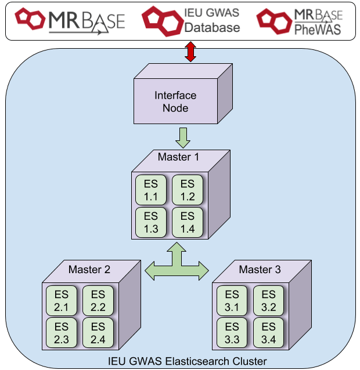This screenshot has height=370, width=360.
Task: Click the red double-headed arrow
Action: (189, 52)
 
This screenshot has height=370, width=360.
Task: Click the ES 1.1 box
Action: (150, 190)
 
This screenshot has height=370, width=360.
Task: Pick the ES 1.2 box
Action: (187, 190)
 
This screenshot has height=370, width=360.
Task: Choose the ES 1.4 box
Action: (187, 222)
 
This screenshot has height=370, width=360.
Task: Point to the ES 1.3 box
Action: (150, 222)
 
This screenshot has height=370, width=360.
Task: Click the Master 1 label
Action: (178, 157)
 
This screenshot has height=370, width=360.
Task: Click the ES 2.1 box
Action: (61, 300)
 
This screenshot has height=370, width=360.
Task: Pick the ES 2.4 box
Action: (98, 332)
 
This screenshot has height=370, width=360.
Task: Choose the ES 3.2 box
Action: (268, 300)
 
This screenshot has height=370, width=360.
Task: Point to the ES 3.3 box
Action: (232, 332)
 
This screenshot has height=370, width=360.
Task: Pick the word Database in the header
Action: (211, 27)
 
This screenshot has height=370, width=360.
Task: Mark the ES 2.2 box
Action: (98, 300)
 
